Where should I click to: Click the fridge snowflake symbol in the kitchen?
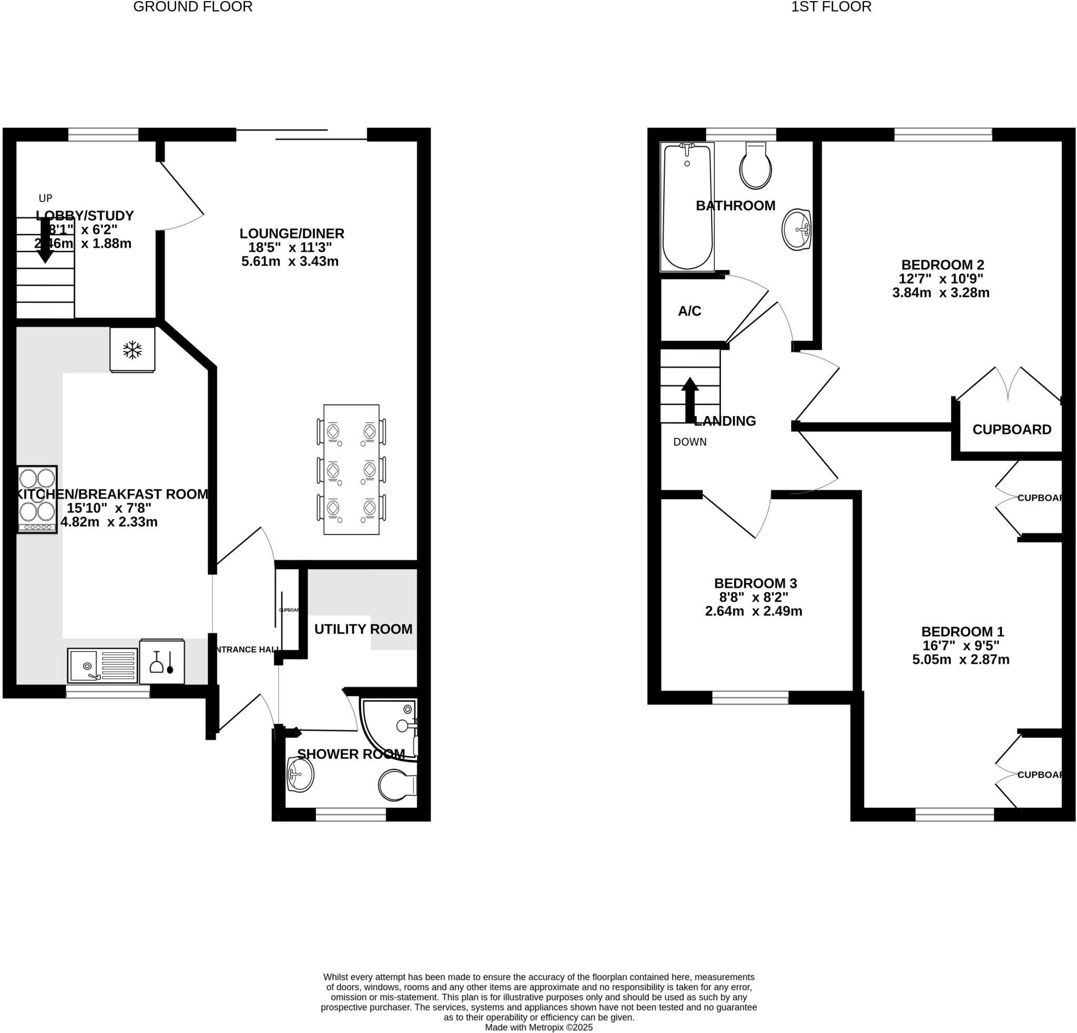point(132,349)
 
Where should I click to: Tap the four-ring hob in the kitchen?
point(37,499)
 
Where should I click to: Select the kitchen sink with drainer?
point(102,665)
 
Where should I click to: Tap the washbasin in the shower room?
point(300,775)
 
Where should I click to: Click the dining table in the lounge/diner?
point(351,469)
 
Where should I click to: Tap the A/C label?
point(689,311)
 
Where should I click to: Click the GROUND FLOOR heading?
point(193,7)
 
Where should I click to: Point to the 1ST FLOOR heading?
point(831,7)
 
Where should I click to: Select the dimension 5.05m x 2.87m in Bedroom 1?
point(960,660)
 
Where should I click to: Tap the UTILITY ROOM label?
point(363,629)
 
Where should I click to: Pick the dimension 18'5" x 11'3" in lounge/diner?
point(290,247)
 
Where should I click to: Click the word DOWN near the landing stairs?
point(689,442)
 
